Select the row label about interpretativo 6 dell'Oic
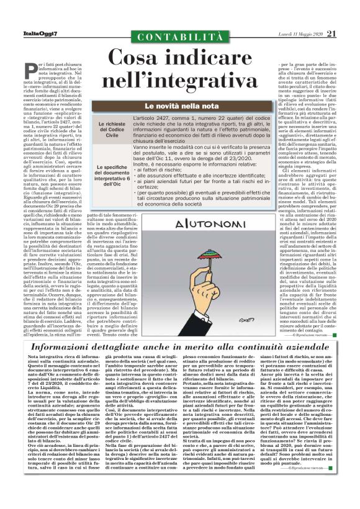click(112, 176)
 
